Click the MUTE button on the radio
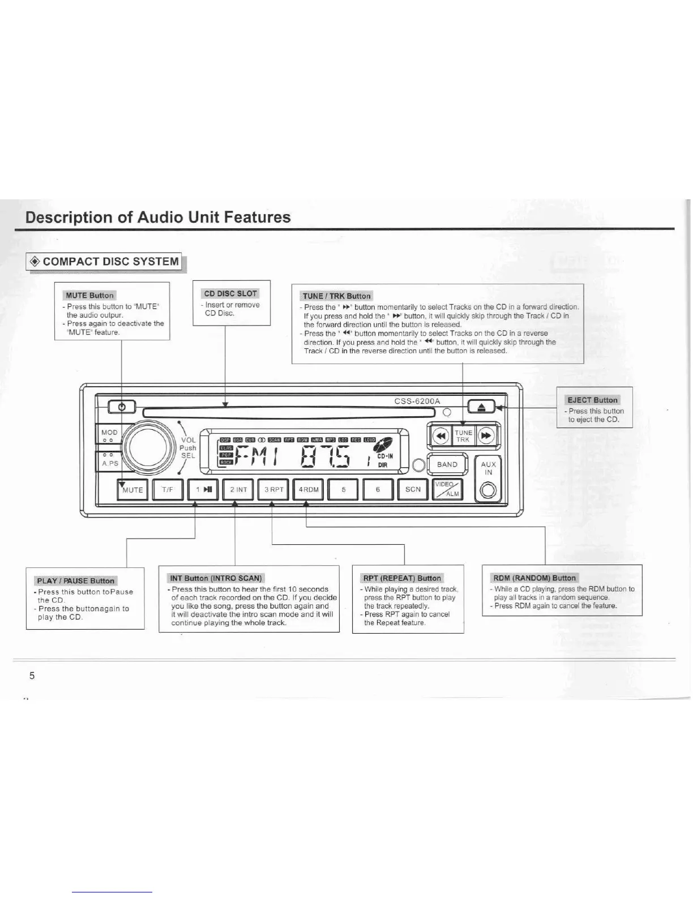point(132,490)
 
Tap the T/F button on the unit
point(168,490)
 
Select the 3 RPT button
point(273,490)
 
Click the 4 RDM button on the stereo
point(309,490)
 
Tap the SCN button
point(413,489)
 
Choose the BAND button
point(447,464)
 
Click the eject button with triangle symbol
point(481,407)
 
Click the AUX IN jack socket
point(488,491)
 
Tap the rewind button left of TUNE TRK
point(440,436)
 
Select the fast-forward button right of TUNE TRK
point(486,436)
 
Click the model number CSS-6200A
point(417,401)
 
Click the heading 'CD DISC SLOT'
point(230,293)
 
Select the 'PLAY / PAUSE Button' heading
point(75,580)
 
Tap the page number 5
point(32,675)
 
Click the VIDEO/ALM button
point(447,490)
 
